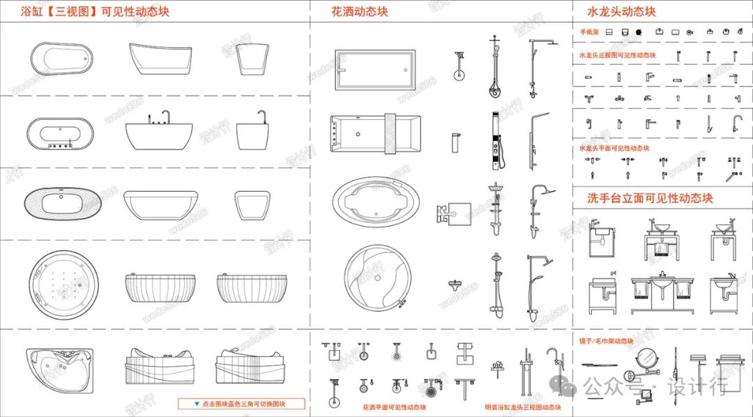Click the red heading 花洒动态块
pyautogui.click(x=360, y=11)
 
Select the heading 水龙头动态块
pyautogui.click(x=622, y=12)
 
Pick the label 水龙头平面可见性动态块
pyautogui.click(x=614, y=148)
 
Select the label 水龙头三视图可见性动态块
pyautogui.click(x=617, y=55)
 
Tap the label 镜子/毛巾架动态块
pyautogui.click(x=606, y=341)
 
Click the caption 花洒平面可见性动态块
pyautogui.click(x=394, y=407)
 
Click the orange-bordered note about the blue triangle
pyautogui.click(x=241, y=404)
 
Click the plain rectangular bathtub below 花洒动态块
pyautogui.click(x=376, y=70)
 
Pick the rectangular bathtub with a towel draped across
pyautogui.click(x=376, y=132)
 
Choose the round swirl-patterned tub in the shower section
pyautogui.click(x=376, y=278)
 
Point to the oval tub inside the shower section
pyautogui.click(x=376, y=204)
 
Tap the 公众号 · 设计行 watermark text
pyautogui.click(x=655, y=386)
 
